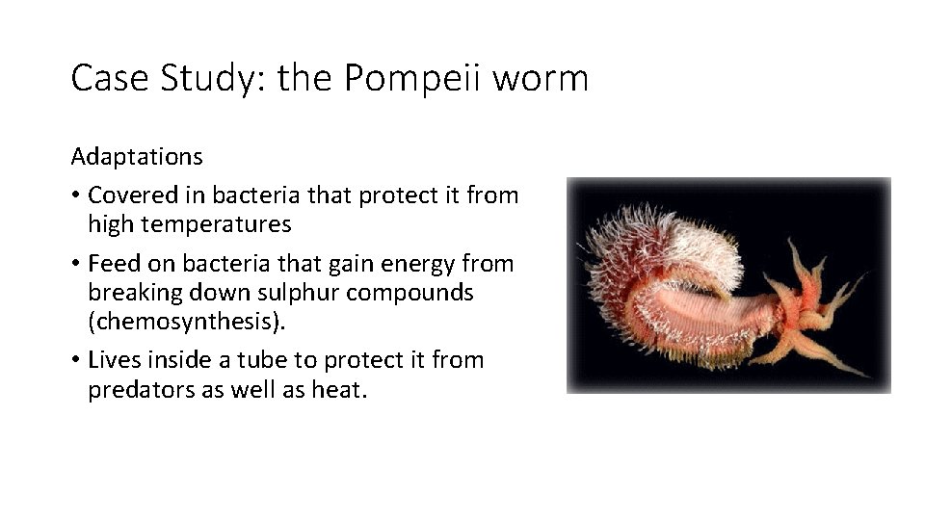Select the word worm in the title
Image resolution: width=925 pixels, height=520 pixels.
coord(540,78)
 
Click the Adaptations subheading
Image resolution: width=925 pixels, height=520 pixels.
coord(137,156)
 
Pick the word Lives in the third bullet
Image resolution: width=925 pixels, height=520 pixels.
coord(113,360)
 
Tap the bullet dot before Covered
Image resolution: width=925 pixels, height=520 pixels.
coord(74,195)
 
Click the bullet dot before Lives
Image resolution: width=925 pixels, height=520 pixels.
coord(74,360)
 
